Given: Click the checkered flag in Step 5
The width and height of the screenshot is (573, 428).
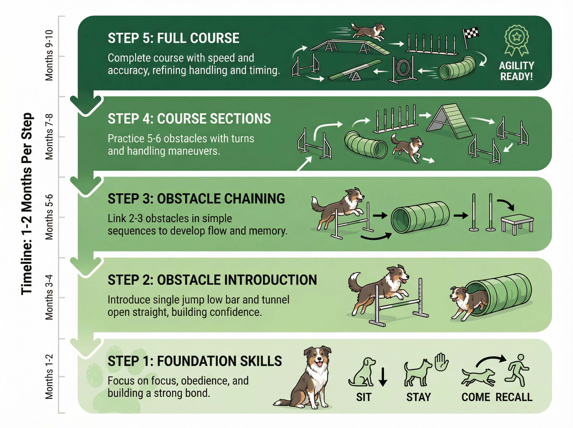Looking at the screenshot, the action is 471,36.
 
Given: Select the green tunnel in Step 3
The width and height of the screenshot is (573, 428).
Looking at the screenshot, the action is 420,217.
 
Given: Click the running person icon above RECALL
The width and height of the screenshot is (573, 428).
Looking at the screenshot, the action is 517,370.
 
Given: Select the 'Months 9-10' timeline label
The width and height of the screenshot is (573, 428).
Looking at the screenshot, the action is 49,55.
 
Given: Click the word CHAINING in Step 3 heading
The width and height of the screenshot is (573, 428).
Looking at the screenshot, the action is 254,199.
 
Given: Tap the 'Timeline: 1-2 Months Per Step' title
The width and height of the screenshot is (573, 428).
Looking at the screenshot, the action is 27,204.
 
